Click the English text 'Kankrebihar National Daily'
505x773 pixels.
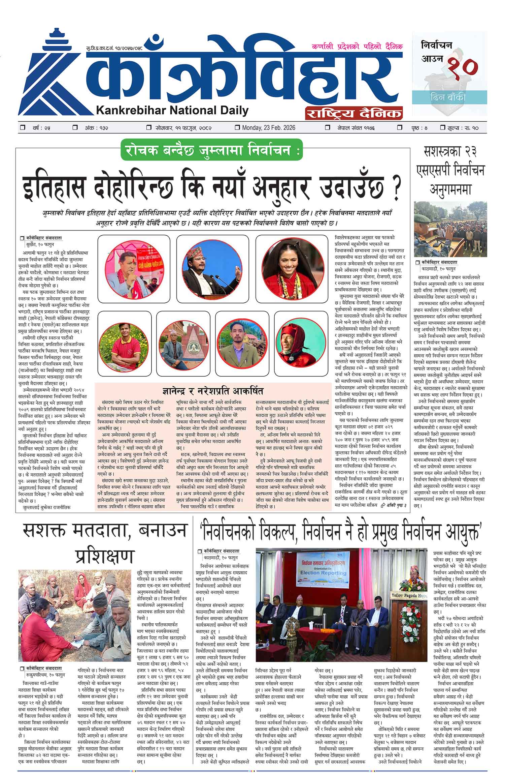172,110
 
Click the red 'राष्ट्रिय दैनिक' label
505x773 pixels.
353,113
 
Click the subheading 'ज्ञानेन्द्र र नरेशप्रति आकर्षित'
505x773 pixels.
212,391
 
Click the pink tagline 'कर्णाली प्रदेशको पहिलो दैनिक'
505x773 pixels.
357,47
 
